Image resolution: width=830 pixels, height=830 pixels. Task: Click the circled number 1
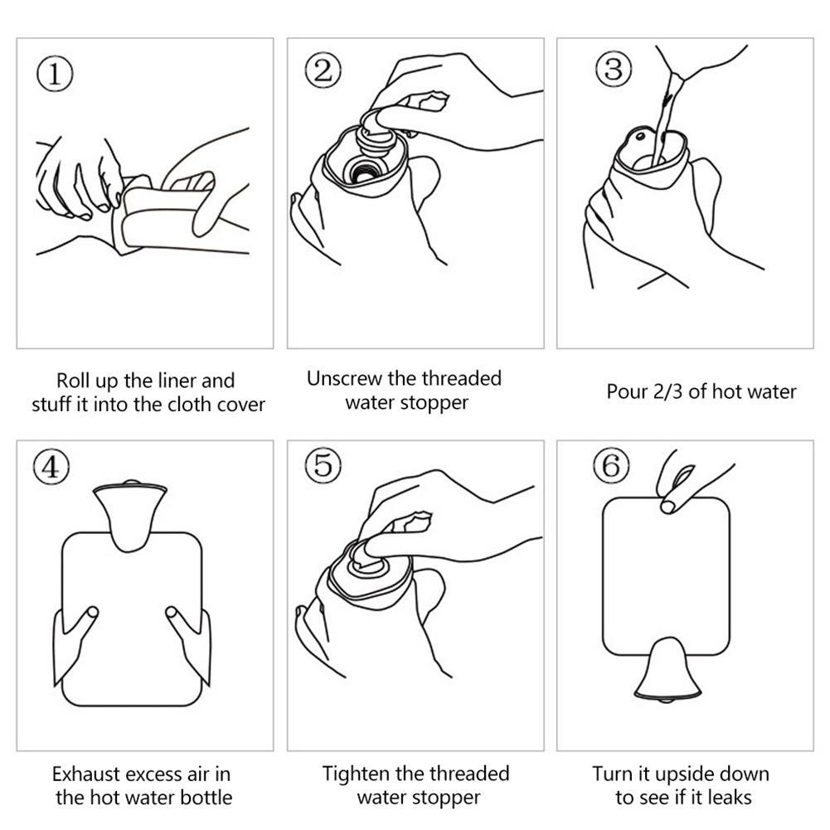pyautogui.click(x=55, y=74)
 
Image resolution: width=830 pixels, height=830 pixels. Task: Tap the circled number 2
pyautogui.click(x=323, y=70)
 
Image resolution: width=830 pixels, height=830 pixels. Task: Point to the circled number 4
pyautogui.click(x=51, y=467)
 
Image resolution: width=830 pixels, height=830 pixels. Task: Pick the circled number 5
pyautogui.click(x=323, y=465)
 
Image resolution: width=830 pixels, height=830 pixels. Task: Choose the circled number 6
pyautogui.click(x=611, y=466)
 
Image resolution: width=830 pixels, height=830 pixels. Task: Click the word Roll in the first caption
pyautogui.click(x=75, y=381)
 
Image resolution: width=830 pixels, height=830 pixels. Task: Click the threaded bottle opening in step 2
pyautogui.click(x=362, y=171)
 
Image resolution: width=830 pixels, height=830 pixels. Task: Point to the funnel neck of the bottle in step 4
pyautogui.click(x=129, y=515)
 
